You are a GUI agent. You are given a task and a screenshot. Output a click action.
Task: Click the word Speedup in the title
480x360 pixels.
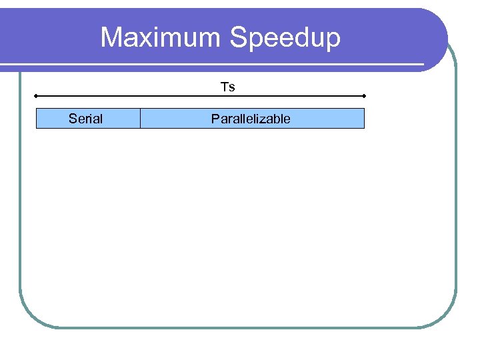point(285,38)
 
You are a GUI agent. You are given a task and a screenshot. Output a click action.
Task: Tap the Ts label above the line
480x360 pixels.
point(228,87)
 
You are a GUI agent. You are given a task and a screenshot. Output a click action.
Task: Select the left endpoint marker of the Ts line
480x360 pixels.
point(36,96)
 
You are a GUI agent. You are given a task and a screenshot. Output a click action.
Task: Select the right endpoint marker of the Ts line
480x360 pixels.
point(364,96)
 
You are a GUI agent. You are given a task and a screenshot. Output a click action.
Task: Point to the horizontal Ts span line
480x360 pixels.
point(200,96)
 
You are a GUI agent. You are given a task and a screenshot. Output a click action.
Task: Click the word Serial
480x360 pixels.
point(85,119)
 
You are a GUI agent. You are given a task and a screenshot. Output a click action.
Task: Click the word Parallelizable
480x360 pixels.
point(251,119)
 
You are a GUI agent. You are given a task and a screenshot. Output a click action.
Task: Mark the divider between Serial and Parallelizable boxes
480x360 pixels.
point(140,119)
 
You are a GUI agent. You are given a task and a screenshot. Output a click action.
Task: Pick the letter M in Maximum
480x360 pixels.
point(111,37)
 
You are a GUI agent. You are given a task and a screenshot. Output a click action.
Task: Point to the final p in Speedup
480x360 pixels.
point(332,40)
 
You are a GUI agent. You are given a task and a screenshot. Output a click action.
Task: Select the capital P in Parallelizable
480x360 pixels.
point(215,119)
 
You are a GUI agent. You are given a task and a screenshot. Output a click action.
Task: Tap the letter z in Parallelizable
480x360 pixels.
point(265,119)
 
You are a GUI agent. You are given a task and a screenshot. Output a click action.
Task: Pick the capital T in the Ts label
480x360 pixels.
point(225,87)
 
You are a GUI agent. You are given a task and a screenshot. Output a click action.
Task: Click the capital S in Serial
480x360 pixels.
point(72,119)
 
